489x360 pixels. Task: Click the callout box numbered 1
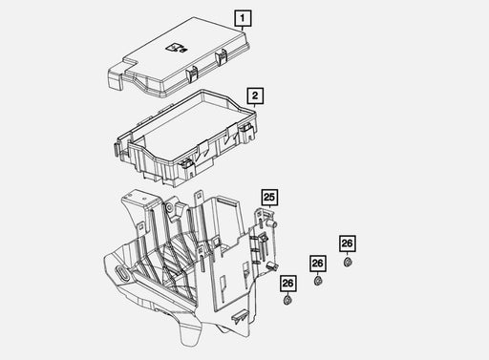point(243,18)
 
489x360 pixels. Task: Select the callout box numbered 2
point(255,95)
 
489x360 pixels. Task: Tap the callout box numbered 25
point(269,198)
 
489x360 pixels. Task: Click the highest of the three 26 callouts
point(347,244)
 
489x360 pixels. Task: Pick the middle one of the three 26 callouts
point(318,264)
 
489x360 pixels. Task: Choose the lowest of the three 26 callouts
point(288,283)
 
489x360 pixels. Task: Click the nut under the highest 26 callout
point(348,262)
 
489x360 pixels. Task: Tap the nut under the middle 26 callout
point(318,282)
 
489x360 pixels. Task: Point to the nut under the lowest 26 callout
point(288,300)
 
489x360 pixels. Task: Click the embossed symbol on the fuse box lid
point(176,48)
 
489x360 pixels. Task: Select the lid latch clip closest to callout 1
point(222,57)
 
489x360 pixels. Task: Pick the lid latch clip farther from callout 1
point(192,74)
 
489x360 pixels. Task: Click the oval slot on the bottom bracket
point(121,273)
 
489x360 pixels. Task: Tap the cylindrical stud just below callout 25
point(271,223)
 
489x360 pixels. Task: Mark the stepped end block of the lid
point(116,77)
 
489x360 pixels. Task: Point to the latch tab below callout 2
point(249,133)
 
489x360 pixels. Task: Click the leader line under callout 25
point(270,207)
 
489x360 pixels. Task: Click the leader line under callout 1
point(243,29)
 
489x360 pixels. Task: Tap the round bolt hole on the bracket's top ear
point(169,208)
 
